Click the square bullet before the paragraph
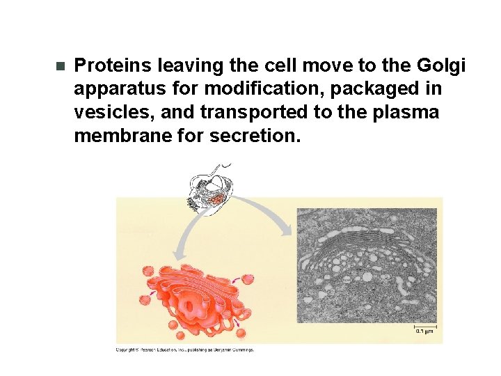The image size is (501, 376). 59,67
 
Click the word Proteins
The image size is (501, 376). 113,65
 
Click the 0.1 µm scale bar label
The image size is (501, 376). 424,331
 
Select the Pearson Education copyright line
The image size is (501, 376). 184,350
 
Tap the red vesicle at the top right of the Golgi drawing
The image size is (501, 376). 246,280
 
